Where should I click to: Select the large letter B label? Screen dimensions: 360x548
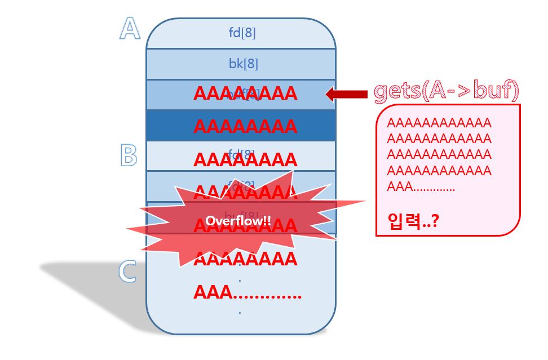(x=129, y=155)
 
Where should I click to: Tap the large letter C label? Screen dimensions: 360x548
(x=128, y=272)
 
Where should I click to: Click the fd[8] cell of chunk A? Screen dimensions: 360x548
(x=241, y=33)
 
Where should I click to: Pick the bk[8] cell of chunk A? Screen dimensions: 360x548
(x=243, y=64)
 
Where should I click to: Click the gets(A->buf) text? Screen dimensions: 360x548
(x=446, y=91)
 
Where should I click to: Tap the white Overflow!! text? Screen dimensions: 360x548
(x=238, y=221)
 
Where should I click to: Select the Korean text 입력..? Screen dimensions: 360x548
(x=413, y=221)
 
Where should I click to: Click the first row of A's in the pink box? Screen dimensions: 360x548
(x=439, y=123)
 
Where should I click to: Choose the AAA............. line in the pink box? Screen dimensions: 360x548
(x=421, y=186)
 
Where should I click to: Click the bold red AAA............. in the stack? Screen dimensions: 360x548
(x=247, y=292)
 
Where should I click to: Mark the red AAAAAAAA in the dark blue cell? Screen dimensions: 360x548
(x=245, y=126)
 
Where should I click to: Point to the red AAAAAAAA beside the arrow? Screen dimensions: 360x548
(x=245, y=94)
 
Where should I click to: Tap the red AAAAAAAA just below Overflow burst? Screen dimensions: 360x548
(x=245, y=259)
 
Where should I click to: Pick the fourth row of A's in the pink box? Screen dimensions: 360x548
(x=439, y=171)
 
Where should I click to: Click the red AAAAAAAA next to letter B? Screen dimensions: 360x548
(x=245, y=159)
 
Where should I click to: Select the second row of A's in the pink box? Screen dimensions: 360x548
(x=439, y=139)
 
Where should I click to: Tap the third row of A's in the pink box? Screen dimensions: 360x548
(x=439, y=154)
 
